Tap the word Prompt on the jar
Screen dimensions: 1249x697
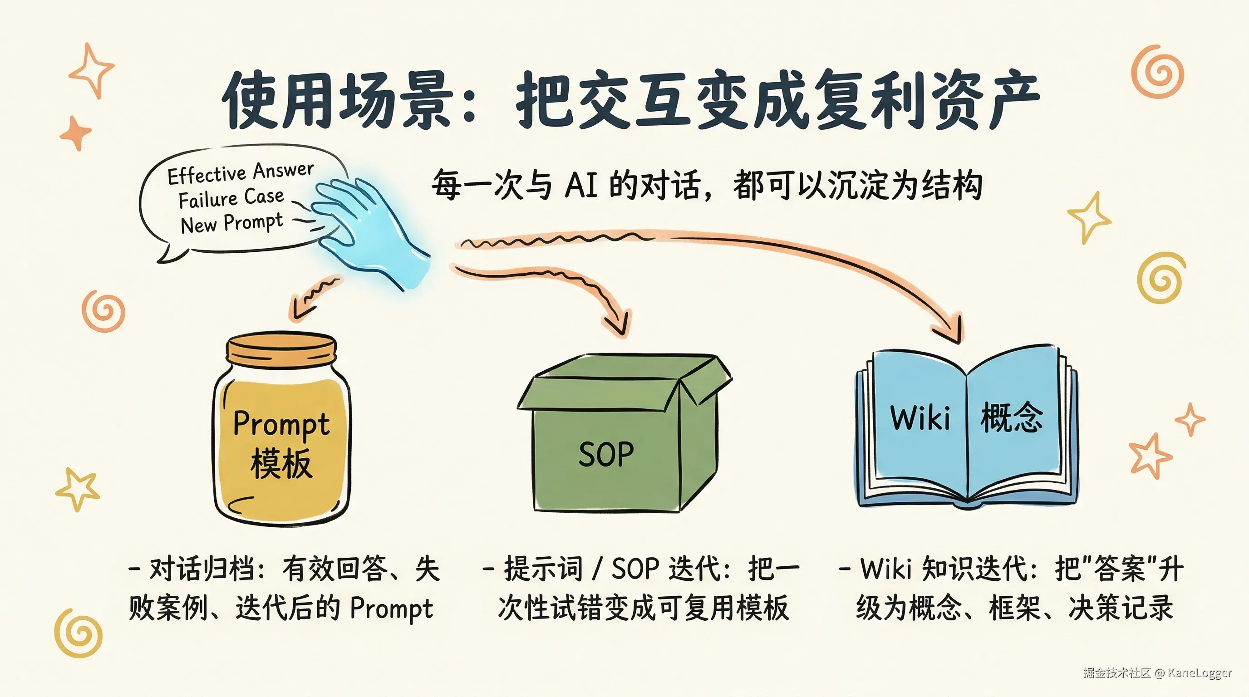click(x=282, y=425)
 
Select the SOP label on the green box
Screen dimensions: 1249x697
click(x=606, y=454)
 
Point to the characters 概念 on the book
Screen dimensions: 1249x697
click(x=1012, y=417)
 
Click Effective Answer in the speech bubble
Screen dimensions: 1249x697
click(x=241, y=173)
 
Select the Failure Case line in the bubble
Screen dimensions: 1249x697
click(x=231, y=198)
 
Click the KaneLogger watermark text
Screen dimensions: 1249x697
click(x=1200, y=672)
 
